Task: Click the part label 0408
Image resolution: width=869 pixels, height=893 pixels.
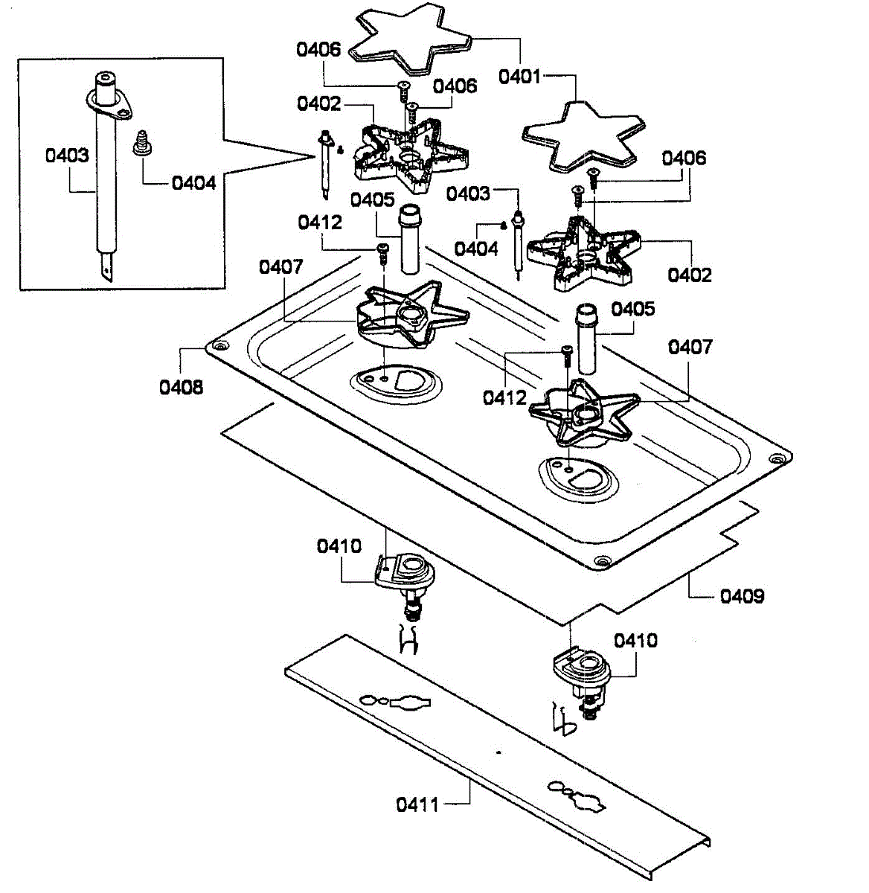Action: [x=181, y=386]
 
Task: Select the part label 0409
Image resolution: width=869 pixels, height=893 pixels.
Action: [x=742, y=596]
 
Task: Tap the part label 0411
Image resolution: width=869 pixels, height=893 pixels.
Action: [x=417, y=804]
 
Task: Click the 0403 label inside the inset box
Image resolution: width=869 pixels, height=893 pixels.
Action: [x=67, y=156]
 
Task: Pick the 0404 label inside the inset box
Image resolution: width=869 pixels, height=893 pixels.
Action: [x=194, y=182]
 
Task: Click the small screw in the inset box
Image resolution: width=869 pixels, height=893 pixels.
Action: [x=138, y=142]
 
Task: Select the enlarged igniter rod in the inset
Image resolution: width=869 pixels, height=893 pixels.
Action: [x=106, y=171]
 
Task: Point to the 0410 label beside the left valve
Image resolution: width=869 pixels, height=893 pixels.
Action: [x=339, y=546]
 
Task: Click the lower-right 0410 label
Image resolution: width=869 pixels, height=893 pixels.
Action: [x=635, y=640]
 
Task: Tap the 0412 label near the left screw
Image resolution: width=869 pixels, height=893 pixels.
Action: [x=320, y=222]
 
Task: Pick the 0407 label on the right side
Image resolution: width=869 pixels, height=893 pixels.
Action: [x=690, y=347]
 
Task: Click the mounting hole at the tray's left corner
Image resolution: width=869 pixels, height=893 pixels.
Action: [x=219, y=347]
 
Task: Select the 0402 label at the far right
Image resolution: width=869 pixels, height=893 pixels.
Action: [x=690, y=275]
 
